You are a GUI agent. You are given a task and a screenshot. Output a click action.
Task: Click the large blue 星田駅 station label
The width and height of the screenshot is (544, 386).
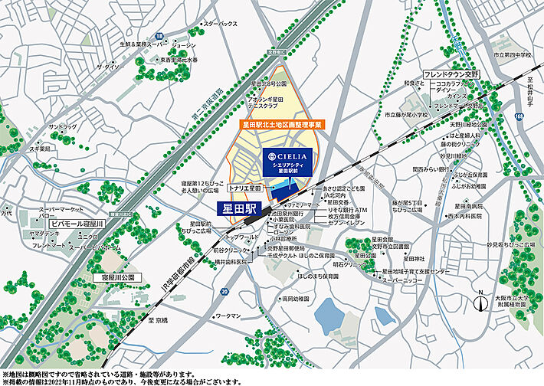(238, 208)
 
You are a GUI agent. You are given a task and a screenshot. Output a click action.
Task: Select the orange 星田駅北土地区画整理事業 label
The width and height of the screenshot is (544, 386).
(279, 123)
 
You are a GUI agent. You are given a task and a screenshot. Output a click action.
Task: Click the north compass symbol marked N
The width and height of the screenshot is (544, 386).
(480, 300)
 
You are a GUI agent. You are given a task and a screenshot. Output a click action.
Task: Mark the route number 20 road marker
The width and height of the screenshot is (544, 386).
(224, 292)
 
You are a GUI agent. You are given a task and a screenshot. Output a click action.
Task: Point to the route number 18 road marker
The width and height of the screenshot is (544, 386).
(157, 36)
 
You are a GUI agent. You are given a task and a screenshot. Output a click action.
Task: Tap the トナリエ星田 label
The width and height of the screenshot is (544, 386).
(245, 188)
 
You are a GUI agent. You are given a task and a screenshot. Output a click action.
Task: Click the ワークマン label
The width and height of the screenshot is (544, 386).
(229, 316)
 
